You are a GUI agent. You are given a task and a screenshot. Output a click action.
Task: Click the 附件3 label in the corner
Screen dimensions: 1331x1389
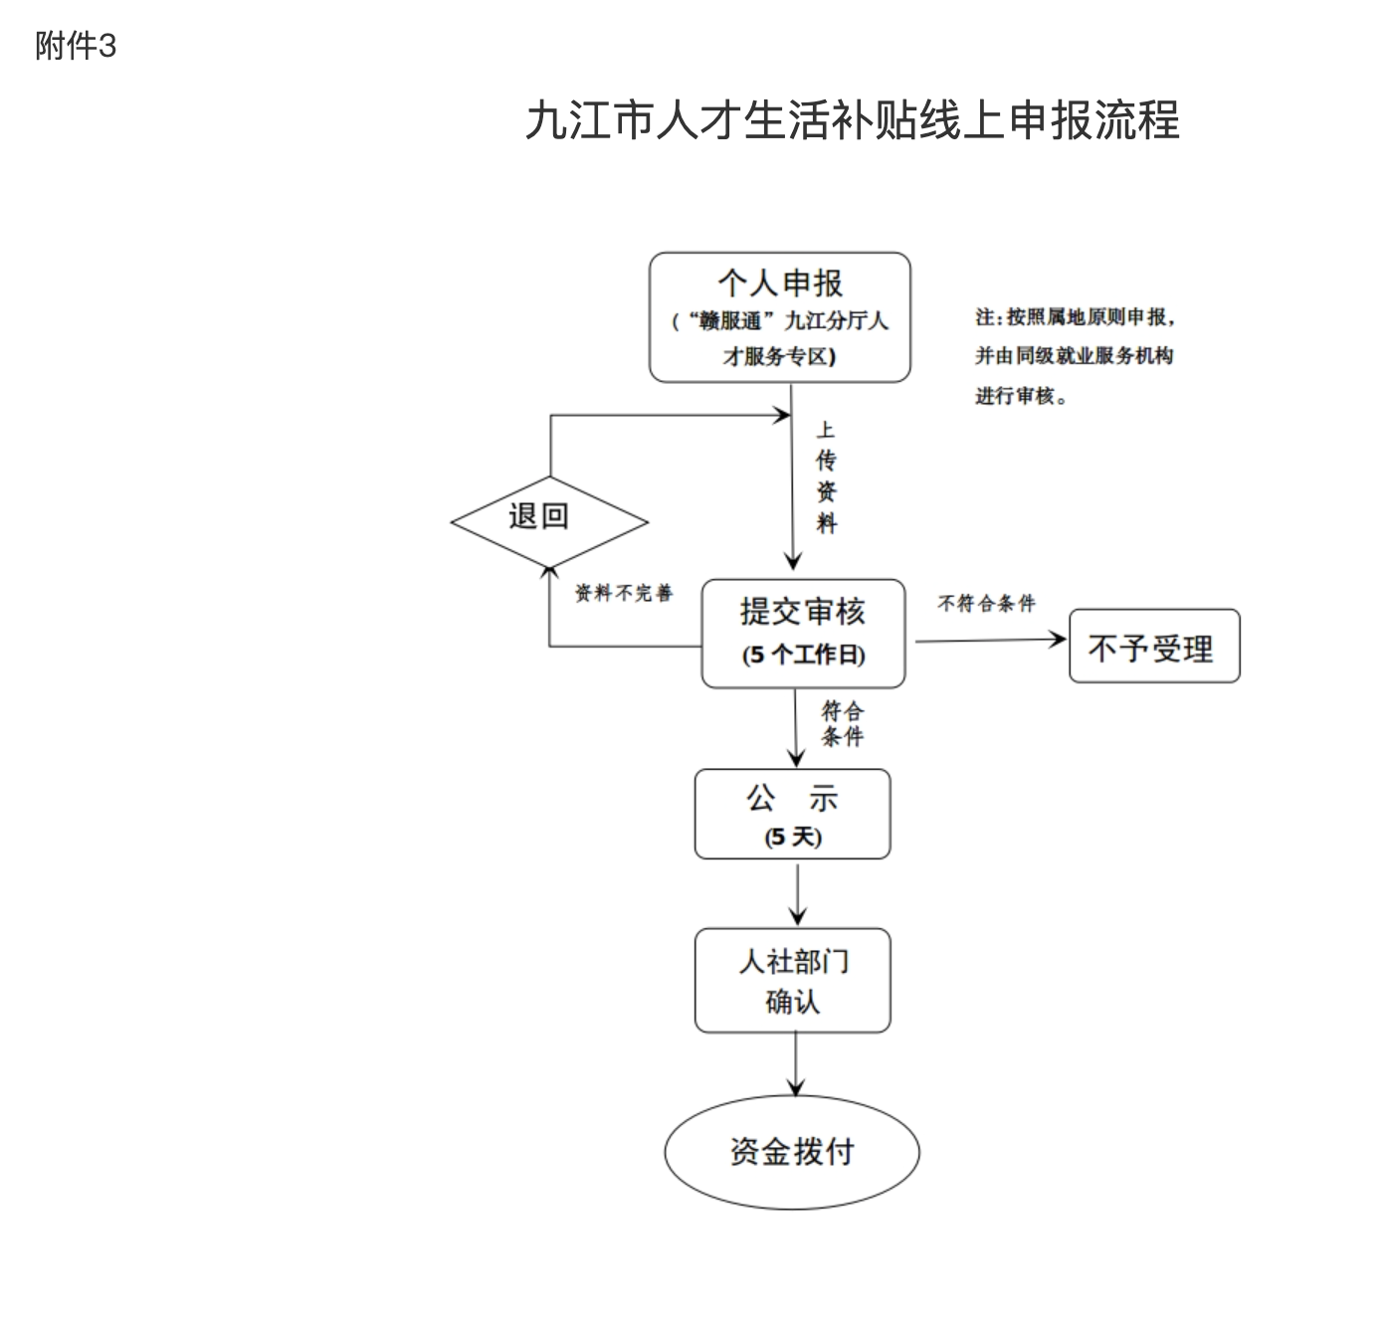[76, 46]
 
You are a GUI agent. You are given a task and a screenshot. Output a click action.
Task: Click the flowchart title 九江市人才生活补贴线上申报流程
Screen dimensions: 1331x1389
[853, 120]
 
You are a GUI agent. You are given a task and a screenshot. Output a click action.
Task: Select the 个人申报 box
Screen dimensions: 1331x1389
[779, 316]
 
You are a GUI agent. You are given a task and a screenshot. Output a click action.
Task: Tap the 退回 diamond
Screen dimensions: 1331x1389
[548, 520]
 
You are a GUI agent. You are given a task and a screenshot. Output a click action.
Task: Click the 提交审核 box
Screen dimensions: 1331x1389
[803, 633]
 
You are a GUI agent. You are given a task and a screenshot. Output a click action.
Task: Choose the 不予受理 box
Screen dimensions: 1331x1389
[1153, 647]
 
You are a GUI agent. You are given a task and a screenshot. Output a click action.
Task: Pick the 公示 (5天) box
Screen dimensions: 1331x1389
[792, 814]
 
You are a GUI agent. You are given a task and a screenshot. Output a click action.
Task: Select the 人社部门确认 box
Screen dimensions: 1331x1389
[792, 980]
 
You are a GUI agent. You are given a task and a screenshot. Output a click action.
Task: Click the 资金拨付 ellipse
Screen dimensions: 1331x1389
[792, 1152]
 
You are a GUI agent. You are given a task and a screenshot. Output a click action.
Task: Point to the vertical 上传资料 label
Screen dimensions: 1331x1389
[826, 476]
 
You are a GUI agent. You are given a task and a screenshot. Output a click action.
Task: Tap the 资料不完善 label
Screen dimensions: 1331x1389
[624, 593]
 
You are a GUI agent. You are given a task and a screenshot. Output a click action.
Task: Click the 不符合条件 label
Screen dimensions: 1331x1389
[986, 603]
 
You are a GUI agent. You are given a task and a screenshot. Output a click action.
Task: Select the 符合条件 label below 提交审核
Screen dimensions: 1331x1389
[842, 723]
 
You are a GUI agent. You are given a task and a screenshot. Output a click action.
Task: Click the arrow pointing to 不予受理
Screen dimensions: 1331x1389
[990, 641]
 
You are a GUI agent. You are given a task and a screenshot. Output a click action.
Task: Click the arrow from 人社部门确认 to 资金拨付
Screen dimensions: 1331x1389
[795, 1063]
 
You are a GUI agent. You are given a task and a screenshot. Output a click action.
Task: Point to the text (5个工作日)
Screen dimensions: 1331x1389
[803, 655]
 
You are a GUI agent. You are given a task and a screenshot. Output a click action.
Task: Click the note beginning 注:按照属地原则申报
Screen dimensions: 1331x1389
[1075, 356]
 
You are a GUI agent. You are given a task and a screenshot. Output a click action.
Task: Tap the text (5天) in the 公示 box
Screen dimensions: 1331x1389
[793, 837]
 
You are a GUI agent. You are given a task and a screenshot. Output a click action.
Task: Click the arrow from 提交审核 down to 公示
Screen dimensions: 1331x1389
[796, 728]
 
